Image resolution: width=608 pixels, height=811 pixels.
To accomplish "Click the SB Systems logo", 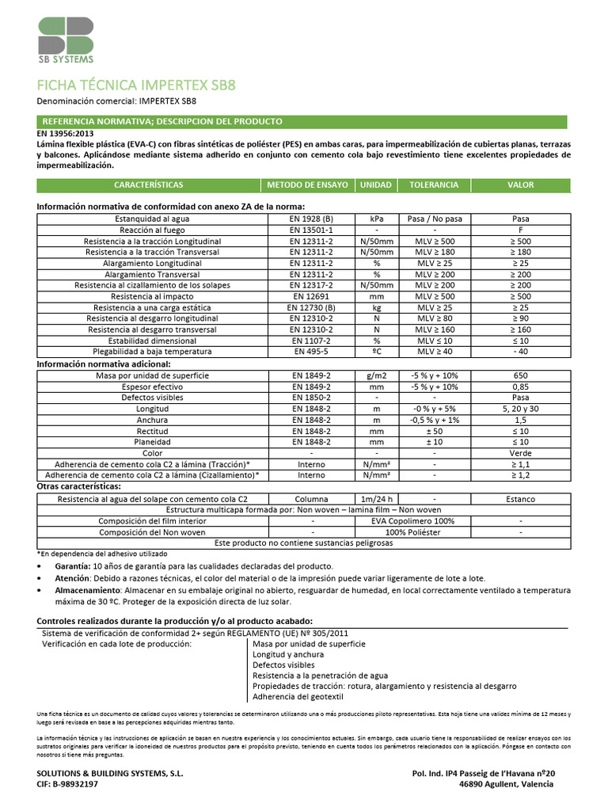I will tap(66, 39).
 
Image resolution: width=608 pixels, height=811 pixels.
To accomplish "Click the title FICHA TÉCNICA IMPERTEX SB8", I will tap(136, 85).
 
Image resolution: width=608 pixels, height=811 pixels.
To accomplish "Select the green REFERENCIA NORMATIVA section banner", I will tap(302, 121).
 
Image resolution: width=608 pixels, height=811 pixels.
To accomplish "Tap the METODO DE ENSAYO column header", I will tap(307, 185).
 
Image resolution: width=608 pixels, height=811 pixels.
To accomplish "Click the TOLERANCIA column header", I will tap(433, 185).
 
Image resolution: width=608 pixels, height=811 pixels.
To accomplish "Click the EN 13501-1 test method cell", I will tap(311, 229).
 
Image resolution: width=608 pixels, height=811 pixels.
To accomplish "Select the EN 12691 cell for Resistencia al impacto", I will tap(311, 295).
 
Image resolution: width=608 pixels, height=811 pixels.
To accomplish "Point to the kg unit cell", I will tap(377, 307).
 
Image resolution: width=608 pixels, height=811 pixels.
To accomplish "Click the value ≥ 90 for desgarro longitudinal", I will tap(520, 318).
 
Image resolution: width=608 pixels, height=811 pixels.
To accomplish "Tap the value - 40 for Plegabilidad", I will tap(520, 351).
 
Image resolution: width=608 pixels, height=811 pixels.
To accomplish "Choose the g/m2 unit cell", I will tap(377, 375).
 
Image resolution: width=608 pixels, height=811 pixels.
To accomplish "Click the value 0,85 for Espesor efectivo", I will tap(520, 386).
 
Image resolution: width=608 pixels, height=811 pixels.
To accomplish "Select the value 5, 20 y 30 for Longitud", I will tap(520, 408).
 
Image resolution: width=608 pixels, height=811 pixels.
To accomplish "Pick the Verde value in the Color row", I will tap(520, 453).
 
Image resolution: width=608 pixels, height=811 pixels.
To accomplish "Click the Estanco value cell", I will tap(520, 499).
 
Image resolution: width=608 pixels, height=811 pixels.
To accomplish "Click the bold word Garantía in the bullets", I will tap(70, 566).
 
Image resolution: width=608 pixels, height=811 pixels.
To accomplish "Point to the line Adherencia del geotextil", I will tap(297, 696).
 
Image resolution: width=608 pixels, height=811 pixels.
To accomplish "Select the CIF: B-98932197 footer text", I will tap(68, 783).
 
